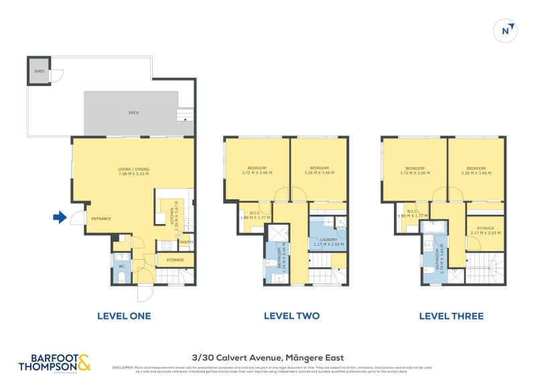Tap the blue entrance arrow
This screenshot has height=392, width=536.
click(60, 217)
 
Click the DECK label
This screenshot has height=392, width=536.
click(133, 113)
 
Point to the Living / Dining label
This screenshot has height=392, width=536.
click(133, 170)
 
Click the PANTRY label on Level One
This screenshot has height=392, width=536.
click(187, 242)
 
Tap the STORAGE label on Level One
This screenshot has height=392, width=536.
click(175, 259)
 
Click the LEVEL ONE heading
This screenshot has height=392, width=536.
click(124, 315)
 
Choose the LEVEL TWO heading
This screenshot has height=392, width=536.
click(291, 315)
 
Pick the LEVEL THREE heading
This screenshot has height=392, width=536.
click(451, 315)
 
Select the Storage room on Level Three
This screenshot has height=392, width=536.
click(486, 230)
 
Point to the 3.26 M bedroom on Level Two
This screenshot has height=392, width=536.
click(319, 169)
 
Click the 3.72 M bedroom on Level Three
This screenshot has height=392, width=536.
click(415, 170)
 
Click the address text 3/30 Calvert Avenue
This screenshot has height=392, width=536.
click(268, 358)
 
